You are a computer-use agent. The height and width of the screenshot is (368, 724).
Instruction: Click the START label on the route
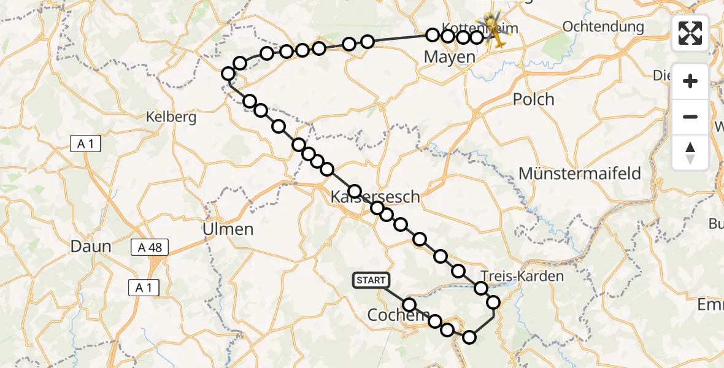tap(371, 280)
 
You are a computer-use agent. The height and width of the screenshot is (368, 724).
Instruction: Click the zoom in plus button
tap(690, 81)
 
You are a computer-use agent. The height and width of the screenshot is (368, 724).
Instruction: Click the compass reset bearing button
tap(690, 153)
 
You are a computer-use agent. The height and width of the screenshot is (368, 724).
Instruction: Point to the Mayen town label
tap(450, 58)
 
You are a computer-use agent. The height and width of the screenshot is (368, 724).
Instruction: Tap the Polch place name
tap(533, 99)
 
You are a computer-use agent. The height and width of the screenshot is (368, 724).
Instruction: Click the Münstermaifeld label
tap(580, 174)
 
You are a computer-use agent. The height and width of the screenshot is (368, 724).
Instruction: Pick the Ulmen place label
tap(228, 229)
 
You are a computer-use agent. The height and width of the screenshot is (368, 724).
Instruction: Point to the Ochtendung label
tap(603, 27)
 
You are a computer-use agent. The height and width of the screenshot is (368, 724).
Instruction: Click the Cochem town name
tap(390, 315)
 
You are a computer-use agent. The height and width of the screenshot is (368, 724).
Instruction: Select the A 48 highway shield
tap(150, 247)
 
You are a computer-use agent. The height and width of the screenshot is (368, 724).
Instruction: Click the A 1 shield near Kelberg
tap(85, 144)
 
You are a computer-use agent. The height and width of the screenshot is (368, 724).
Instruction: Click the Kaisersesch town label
tap(375, 197)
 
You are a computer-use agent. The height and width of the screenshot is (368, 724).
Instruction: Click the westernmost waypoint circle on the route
tap(228, 74)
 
